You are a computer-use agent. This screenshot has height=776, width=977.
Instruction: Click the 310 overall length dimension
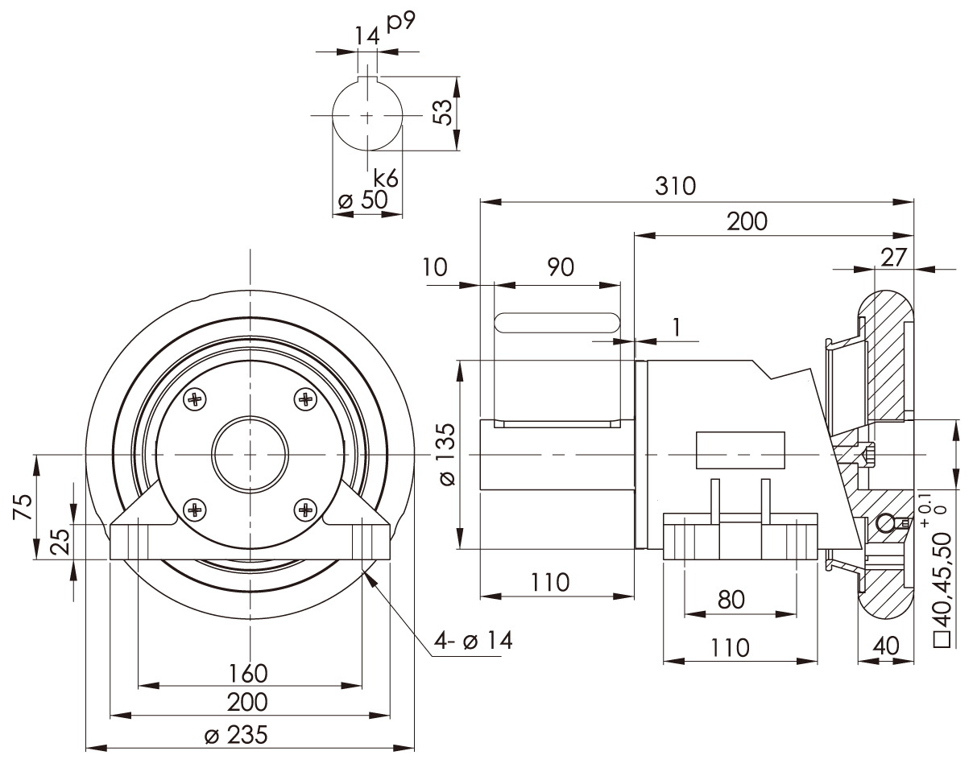pos(674,186)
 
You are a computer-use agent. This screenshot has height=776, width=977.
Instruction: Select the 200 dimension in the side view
pos(747,221)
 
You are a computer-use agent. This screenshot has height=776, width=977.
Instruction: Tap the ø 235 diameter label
pos(238,735)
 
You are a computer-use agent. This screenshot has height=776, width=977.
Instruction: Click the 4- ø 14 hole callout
pos(473,641)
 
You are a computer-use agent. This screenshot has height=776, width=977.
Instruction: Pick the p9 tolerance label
pos(400,22)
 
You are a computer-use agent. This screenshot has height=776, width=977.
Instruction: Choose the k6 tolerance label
pos(386,179)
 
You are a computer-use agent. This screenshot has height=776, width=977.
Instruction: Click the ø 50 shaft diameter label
pos(362,200)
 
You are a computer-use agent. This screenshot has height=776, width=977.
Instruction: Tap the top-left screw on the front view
pos(195,398)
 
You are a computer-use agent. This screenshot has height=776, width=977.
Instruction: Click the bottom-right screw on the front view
pos(304,508)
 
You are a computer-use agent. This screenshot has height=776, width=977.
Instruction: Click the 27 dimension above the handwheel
pos(893,257)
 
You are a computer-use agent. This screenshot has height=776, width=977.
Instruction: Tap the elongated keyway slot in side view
pos(557,323)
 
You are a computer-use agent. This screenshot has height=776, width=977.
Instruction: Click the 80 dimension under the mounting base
pos(731,600)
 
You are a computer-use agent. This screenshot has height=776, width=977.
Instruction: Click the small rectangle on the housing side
pos(740,451)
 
